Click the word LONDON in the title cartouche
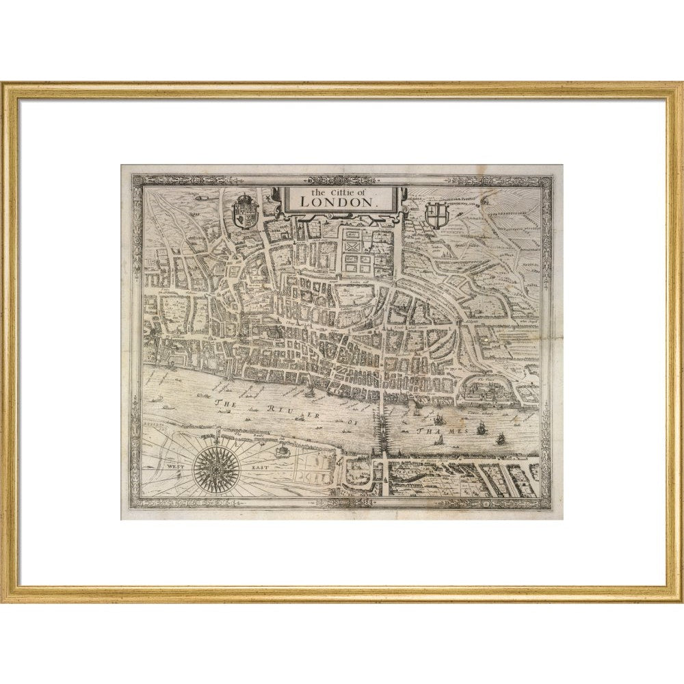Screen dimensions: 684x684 339,203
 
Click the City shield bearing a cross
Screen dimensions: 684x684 435,213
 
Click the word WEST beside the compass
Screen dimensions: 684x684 176,466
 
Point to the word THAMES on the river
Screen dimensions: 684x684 442,430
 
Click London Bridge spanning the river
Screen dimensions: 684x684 381,427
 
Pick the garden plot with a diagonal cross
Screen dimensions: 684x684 354,244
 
